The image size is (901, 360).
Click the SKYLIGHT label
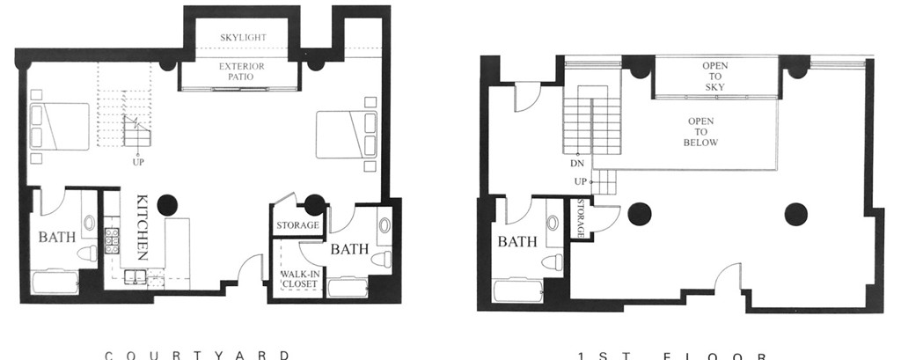coord(243,38)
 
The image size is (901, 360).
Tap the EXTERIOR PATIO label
coord(242,71)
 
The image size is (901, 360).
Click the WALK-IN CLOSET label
coord(298,279)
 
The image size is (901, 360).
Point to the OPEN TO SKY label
coord(714,76)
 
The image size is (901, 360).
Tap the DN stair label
coord(578,164)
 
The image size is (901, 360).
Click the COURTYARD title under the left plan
coord(197,355)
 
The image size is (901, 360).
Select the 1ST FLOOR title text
coord(674,356)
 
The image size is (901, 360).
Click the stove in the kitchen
coord(113,240)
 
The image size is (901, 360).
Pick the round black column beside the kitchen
coord(167,205)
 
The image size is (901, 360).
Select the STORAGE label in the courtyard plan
coord(297,225)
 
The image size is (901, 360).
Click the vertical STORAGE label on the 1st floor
coord(582,218)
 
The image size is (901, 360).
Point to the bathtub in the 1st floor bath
coord(518,290)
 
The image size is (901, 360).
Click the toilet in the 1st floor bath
coord(552,261)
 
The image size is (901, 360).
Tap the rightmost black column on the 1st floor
coord(796,212)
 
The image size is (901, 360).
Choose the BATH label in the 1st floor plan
coord(516,242)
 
